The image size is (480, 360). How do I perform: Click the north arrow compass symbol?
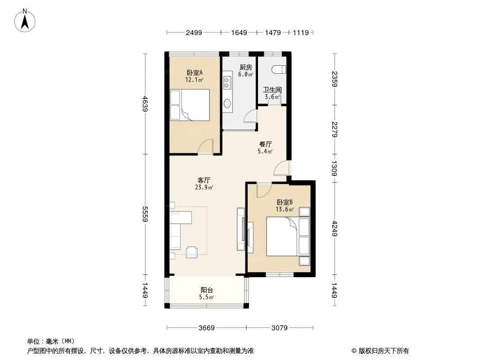coord(25,20)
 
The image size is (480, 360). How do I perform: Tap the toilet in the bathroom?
coord(279,69)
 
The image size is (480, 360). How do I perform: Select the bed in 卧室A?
coord(190,104)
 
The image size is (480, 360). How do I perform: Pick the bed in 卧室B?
coord(288,236)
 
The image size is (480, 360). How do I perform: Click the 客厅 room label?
coord(204,180)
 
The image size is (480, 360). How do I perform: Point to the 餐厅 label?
coord(265,144)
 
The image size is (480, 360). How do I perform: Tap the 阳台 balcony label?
coord(207,290)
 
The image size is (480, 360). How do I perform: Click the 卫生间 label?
coord(272,90)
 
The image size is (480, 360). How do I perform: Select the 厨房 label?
coord(245,67)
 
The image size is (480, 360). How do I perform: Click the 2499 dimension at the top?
coord(194,32)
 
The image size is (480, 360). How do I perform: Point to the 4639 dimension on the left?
coord(145,104)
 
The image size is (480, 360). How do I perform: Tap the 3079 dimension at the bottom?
coord(280,328)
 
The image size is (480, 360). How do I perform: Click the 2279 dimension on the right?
coord(334,130)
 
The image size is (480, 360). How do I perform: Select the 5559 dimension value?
coord(145,214)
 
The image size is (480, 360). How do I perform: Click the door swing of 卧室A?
coord(205,147)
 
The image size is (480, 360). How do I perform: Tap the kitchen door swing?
coord(250,116)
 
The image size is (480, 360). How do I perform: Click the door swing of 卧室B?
coord(264,190)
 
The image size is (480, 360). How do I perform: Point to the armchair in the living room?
coord(192,252)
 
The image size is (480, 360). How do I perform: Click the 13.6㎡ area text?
coord(285,210)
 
